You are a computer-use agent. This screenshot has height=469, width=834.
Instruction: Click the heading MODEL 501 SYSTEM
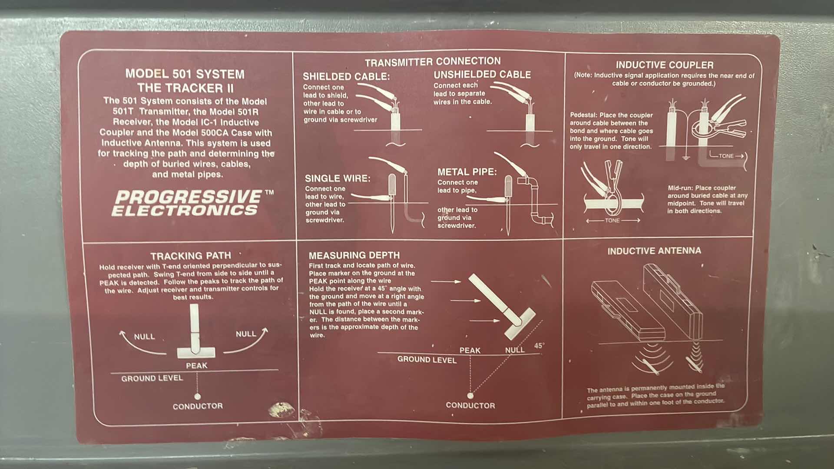(185, 74)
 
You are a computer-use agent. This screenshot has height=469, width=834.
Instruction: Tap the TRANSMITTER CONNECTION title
(433, 61)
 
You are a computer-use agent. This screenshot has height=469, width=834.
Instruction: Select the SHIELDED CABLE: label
(346, 76)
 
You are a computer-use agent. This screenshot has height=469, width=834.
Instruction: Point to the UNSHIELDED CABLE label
(482, 75)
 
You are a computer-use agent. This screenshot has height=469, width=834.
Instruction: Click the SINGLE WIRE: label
(338, 178)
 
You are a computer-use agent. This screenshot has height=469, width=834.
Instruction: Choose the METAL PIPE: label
(467, 172)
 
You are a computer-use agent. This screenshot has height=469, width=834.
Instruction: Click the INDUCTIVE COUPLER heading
(665, 65)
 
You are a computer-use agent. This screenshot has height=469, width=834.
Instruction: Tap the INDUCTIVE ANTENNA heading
(654, 251)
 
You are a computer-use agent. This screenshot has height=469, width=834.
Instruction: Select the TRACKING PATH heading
(191, 256)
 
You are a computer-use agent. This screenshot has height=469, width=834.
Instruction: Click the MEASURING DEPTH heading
(354, 255)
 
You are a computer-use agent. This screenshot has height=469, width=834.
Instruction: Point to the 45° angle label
(539, 346)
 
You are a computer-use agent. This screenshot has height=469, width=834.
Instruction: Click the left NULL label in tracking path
(144, 337)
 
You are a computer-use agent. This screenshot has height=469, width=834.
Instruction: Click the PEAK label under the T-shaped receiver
(197, 366)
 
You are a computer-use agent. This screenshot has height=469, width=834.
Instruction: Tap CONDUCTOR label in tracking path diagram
(198, 406)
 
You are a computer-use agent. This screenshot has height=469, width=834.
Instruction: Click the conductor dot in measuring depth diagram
(470, 395)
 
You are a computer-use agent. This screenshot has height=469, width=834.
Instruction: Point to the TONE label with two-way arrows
(612, 221)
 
